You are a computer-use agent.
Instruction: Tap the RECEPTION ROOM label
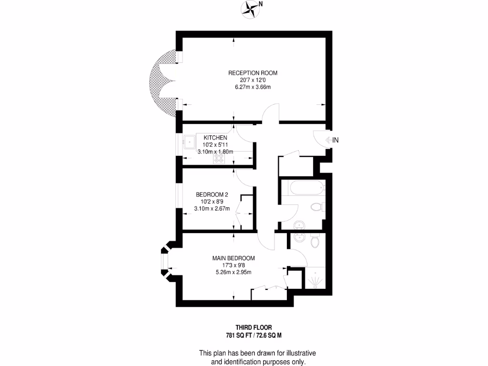tap(253, 73)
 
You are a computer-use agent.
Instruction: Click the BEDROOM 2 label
tap(212, 194)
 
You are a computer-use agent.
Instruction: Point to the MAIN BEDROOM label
tap(234, 258)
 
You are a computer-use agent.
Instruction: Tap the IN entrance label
tap(335, 140)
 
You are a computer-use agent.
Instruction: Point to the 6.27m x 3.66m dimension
tap(253, 87)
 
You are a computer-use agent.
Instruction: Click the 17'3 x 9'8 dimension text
tap(234, 265)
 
